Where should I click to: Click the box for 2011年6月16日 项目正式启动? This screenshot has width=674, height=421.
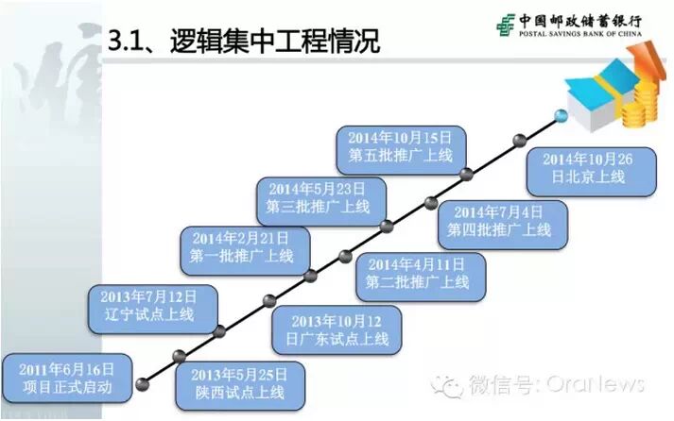click(x=65, y=377)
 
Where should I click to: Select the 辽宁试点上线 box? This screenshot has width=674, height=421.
click(x=153, y=308)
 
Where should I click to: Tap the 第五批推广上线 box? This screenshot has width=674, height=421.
click(x=400, y=147)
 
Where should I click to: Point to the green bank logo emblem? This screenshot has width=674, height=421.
click(x=505, y=25)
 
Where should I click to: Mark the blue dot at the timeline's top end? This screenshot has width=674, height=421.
click(x=562, y=115)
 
